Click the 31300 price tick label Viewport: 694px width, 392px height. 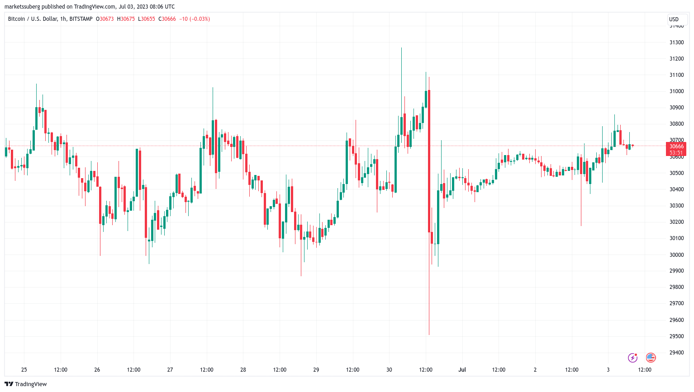[x=676, y=43]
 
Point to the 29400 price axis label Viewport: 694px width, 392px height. [x=676, y=353]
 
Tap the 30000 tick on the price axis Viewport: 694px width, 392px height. [x=676, y=255]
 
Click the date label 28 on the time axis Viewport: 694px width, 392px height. [x=243, y=370]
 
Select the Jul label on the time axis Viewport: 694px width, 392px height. [x=462, y=370]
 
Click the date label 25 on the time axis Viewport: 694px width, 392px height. [x=24, y=370]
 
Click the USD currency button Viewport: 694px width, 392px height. [x=674, y=19]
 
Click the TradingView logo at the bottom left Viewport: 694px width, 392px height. [x=26, y=384]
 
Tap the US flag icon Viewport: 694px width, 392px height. [x=651, y=358]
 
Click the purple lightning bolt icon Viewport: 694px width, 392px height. [x=632, y=358]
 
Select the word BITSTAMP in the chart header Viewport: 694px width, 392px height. [x=81, y=19]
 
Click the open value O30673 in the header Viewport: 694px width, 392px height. [x=105, y=19]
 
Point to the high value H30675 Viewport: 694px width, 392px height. [x=126, y=19]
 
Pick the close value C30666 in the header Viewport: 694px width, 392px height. [x=167, y=19]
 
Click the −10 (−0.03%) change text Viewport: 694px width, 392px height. [x=195, y=19]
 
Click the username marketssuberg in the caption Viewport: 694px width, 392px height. [x=25, y=7]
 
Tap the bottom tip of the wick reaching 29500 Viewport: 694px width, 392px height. [x=429, y=335]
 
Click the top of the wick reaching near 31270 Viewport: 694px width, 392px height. [x=401, y=48]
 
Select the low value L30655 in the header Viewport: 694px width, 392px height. [x=147, y=19]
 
